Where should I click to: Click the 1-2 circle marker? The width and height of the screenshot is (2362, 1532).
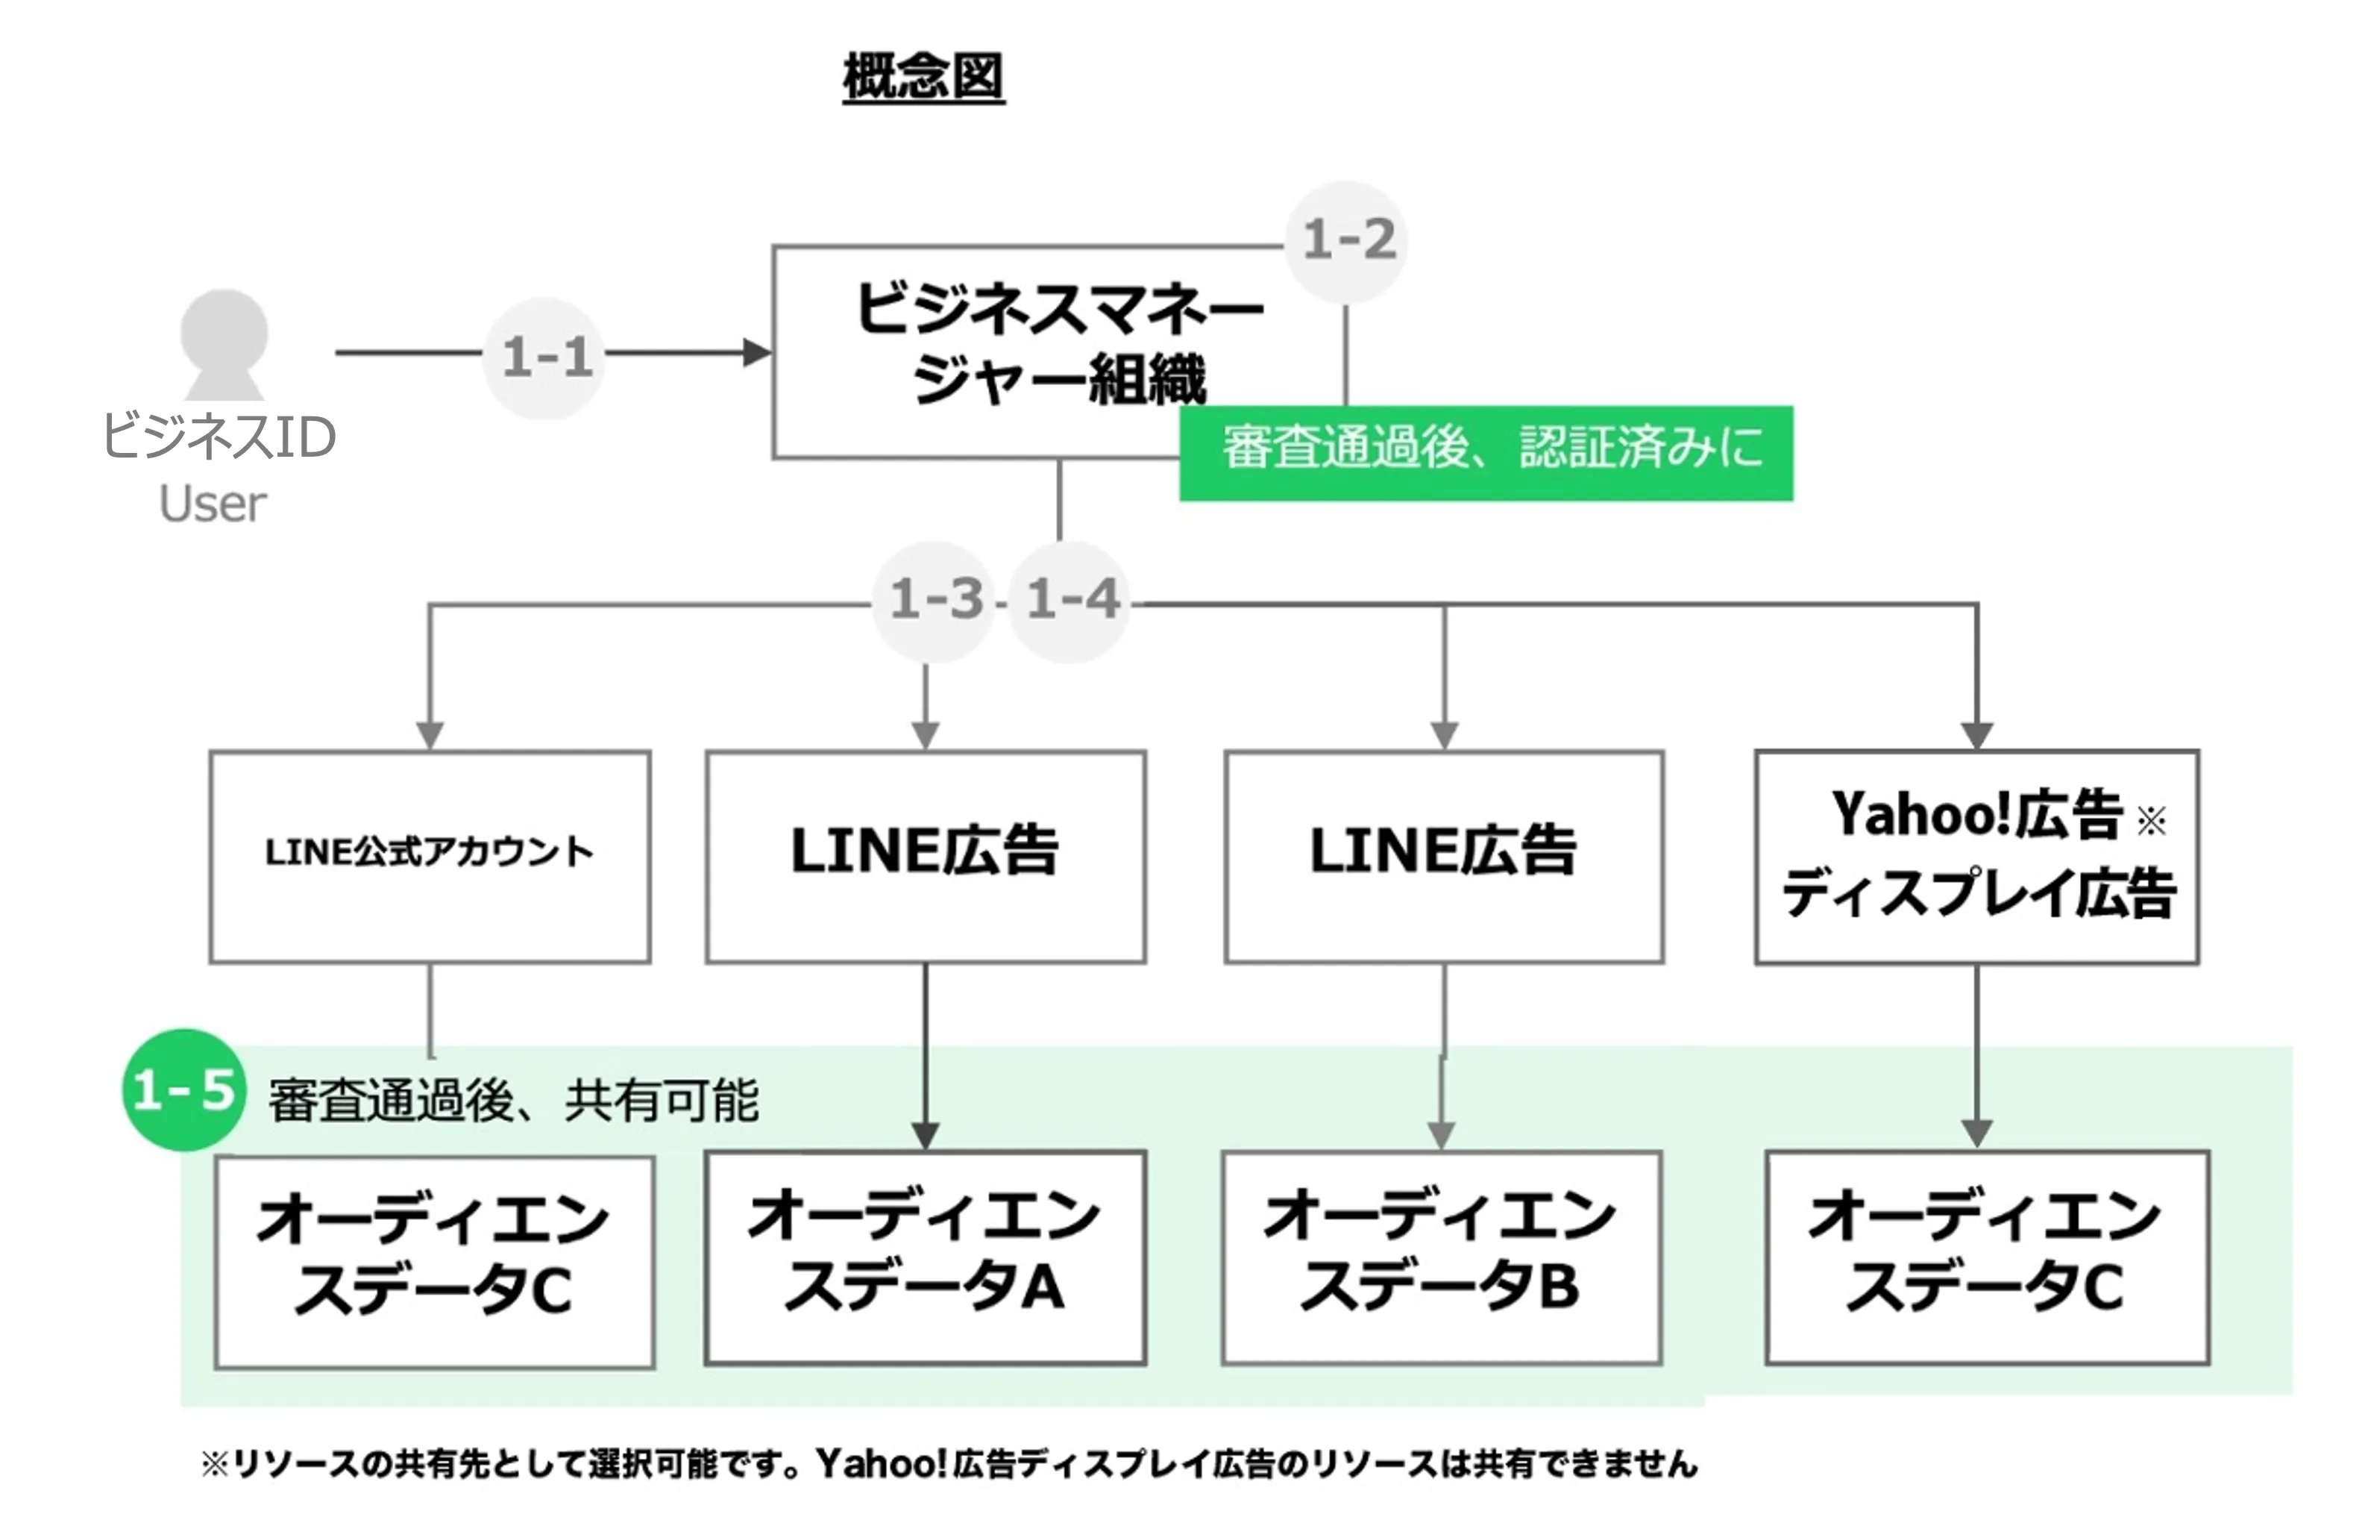[1347, 240]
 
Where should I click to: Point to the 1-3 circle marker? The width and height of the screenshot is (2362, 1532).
[933, 600]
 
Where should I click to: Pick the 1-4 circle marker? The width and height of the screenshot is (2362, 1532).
[1070, 600]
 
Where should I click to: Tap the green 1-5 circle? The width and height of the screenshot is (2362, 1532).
[183, 1089]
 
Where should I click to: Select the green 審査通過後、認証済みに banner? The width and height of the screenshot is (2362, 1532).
[1486, 453]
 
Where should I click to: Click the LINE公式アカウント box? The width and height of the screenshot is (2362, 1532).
[430, 856]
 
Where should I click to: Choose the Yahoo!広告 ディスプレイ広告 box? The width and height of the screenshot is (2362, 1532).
[1977, 856]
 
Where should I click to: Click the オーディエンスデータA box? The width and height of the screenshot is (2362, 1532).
[925, 1257]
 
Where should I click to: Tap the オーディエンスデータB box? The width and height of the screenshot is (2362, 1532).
[1441, 1257]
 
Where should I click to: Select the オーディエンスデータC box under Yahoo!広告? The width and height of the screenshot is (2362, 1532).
[1987, 1257]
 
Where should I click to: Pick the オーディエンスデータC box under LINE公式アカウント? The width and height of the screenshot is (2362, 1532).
[434, 1261]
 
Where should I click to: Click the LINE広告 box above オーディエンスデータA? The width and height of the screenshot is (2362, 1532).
[925, 856]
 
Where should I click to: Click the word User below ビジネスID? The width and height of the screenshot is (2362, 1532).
[213, 504]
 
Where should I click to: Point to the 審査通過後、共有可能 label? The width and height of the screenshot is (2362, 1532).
[513, 1100]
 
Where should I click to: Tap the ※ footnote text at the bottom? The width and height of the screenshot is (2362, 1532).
[948, 1463]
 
